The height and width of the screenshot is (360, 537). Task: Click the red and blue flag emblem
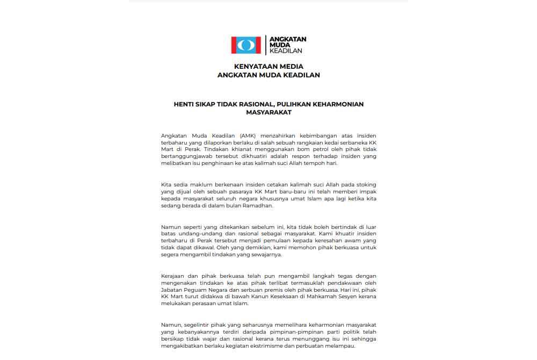(x=246, y=45)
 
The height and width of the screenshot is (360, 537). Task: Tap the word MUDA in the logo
(x=278, y=45)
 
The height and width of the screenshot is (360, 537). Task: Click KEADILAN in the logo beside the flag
(x=286, y=51)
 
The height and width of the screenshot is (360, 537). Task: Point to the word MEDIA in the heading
(x=292, y=67)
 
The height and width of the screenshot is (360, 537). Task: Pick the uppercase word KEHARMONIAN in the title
(x=339, y=104)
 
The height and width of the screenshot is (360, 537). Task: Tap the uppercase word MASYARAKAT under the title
(x=268, y=113)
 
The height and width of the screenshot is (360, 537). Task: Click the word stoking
(x=365, y=184)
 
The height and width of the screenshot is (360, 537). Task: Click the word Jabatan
(x=171, y=290)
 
